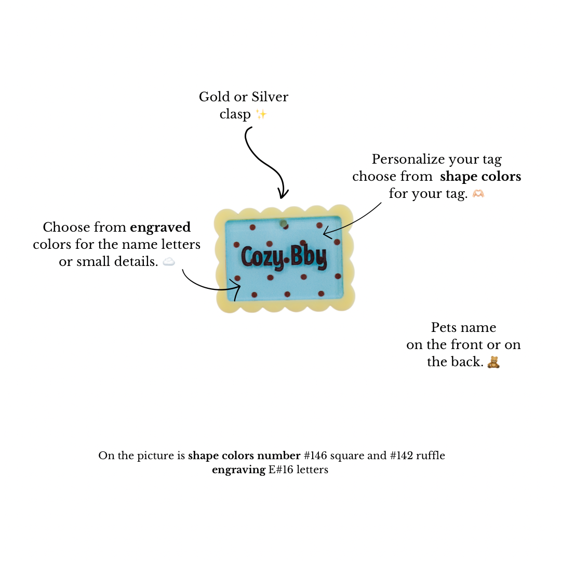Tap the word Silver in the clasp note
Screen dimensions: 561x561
point(270,97)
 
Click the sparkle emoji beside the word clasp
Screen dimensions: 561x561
point(261,114)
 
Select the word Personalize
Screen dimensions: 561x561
point(406,159)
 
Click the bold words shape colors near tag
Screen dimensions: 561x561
point(480,177)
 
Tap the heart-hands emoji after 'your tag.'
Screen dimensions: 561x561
point(478,194)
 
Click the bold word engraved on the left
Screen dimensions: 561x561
point(160,228)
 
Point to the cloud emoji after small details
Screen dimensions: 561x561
point(169,262)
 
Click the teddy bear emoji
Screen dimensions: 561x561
point(493,362)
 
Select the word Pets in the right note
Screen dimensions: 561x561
point(443,327)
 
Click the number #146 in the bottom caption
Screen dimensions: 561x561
point(315,456)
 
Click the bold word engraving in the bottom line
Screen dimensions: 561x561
point(238,470)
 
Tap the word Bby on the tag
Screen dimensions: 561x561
point(309,256)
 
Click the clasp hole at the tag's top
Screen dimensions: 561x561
point(284,223)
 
